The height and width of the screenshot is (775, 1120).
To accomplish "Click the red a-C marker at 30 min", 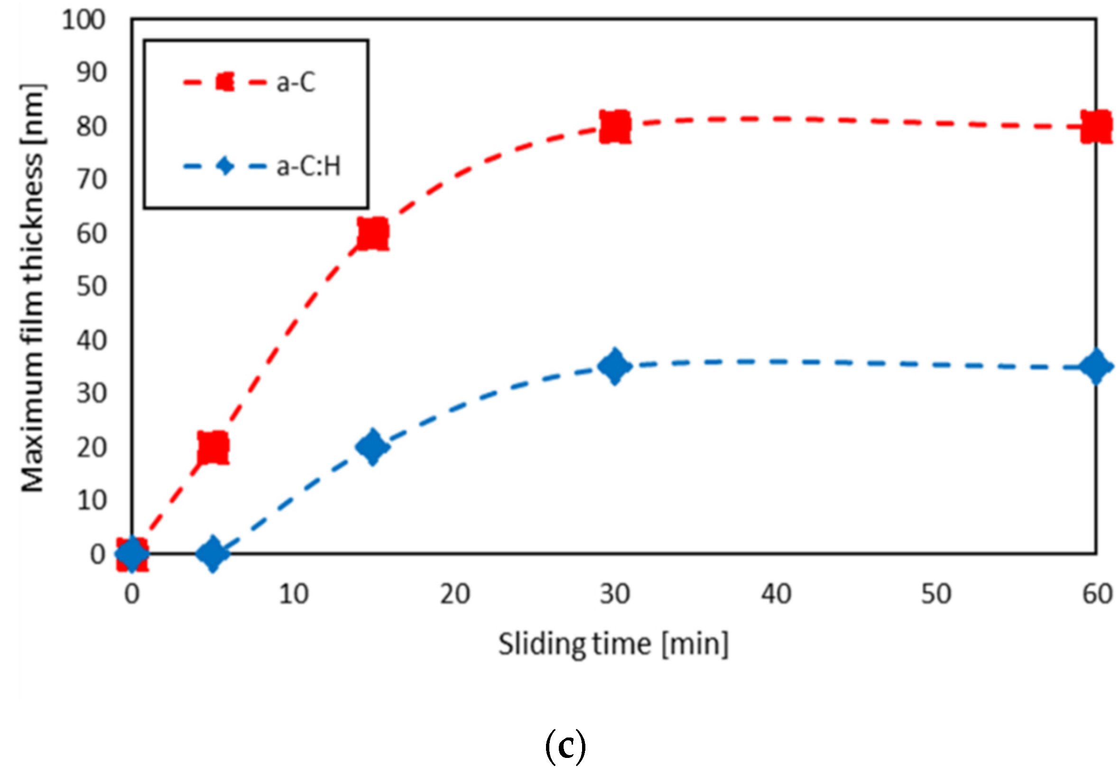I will [x=615, y=126].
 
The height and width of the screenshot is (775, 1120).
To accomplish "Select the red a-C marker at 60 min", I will [x=1096, y=126].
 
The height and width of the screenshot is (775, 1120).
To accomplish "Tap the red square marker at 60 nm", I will [x=372, y=233].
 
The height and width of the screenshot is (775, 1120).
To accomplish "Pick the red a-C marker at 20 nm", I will [x=213, y=447].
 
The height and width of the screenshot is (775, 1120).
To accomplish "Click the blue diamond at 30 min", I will [x=615, y=366].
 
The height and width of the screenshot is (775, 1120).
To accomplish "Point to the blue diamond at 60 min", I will [x=1096, y=366].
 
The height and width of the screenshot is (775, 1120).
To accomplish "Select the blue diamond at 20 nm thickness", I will [x=372, y=447].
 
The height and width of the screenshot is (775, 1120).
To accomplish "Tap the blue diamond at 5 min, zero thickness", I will [x=213, y=553].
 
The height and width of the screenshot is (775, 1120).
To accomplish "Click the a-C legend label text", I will [x=296, y=82].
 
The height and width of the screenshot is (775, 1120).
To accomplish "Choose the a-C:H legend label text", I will [x=309, y=167].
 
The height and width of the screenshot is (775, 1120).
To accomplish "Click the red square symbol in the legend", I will [x=225, y=82].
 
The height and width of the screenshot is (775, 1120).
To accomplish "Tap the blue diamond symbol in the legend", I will [x=225, y=167].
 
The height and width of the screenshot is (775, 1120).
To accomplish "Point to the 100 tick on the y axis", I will [x=83, y=20].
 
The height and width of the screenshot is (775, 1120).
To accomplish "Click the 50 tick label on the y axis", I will [x=91, y=287].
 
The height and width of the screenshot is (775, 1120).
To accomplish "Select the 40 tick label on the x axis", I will [x=776, y=594].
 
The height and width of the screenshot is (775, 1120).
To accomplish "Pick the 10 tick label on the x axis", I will [x=293, y=594].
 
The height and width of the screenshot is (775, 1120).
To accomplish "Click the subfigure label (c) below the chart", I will [x=566, y=747].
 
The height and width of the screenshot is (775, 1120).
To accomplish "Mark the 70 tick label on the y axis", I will [x=91, y=180].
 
